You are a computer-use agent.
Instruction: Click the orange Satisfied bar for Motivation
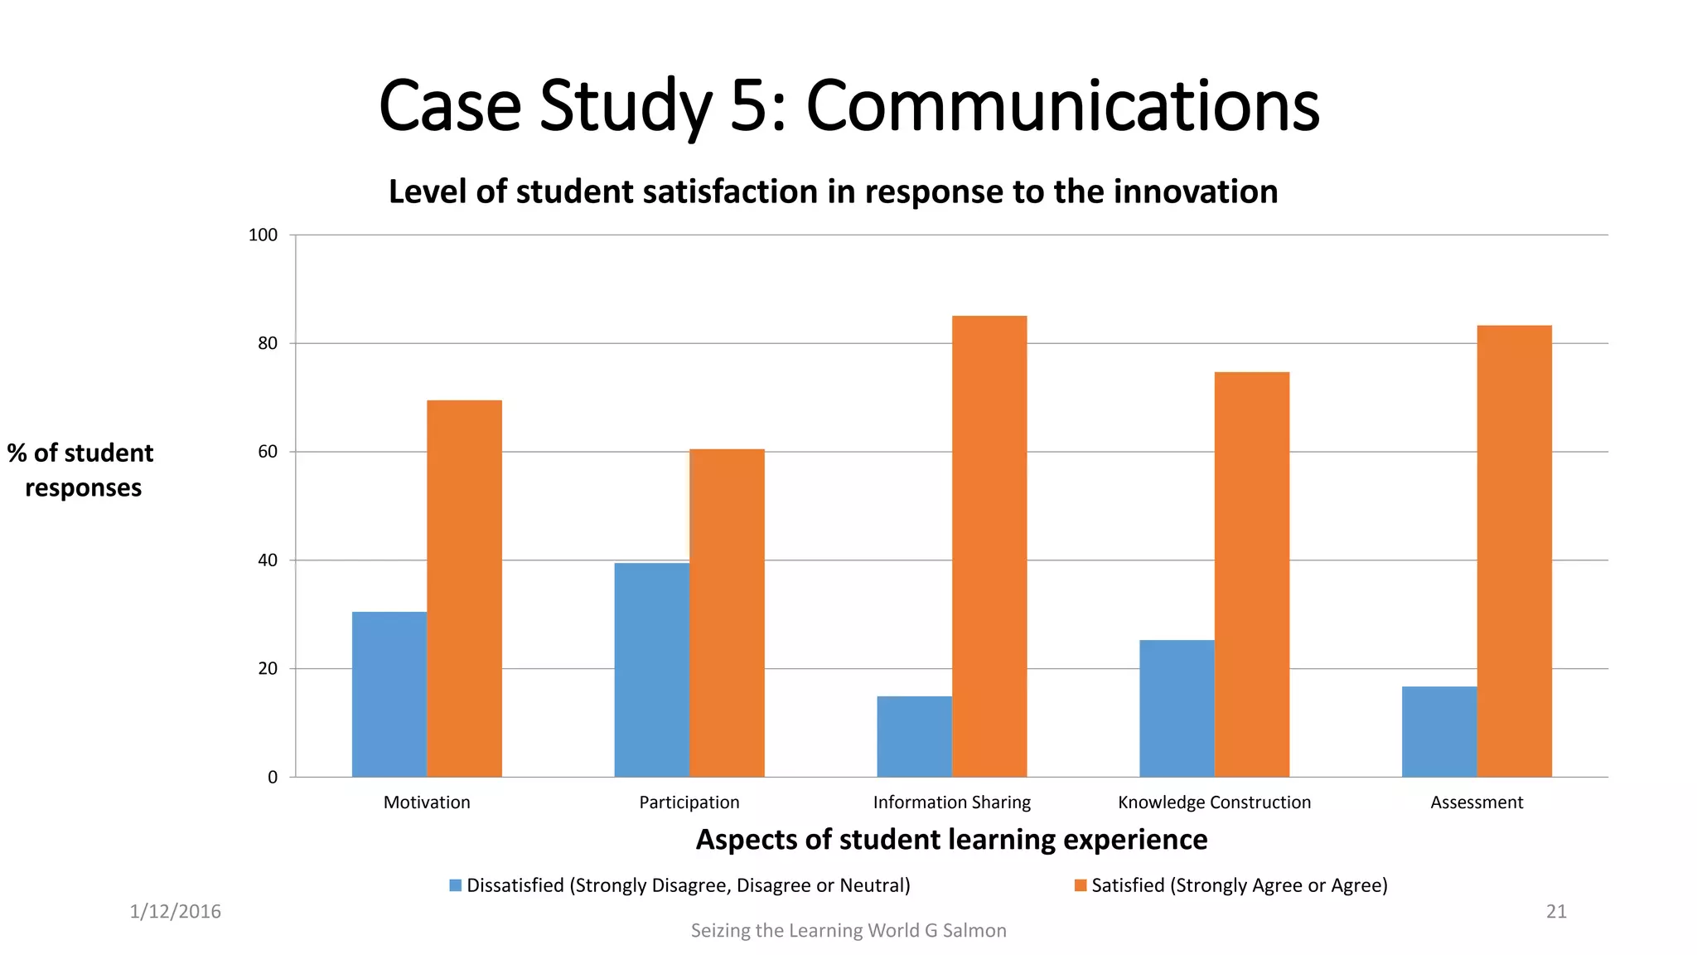click(464, 589)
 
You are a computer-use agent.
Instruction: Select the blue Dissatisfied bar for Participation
click(651, 670)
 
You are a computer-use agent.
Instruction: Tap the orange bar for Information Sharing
click(989, 547)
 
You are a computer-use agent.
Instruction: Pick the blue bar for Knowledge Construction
click(1177, 709)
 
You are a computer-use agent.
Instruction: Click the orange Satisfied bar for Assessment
click(1514, 551)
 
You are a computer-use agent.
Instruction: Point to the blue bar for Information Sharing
click(914, 736)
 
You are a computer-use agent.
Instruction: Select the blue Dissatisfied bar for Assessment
click(1438, 731)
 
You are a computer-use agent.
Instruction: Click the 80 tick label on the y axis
click(268, 343)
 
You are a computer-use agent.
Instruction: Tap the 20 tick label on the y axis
click(268, 669)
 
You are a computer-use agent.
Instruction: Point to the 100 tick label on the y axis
click(263, 235)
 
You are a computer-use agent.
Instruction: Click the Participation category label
click(689, 802)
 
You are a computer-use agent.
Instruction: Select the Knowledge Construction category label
click(1214, 802)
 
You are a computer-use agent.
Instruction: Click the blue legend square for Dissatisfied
click(455, 885)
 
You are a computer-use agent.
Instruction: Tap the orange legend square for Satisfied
click(1080, 885)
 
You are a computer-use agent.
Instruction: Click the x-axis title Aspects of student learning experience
click(951, 840)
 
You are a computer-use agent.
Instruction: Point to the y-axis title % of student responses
click(81, 470)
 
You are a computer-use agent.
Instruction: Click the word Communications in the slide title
click(1062, 106)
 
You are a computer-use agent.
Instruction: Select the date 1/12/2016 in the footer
click(175, 912)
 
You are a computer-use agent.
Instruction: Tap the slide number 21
click(1556, 912)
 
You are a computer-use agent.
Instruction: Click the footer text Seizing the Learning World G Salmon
click(848, 931)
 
